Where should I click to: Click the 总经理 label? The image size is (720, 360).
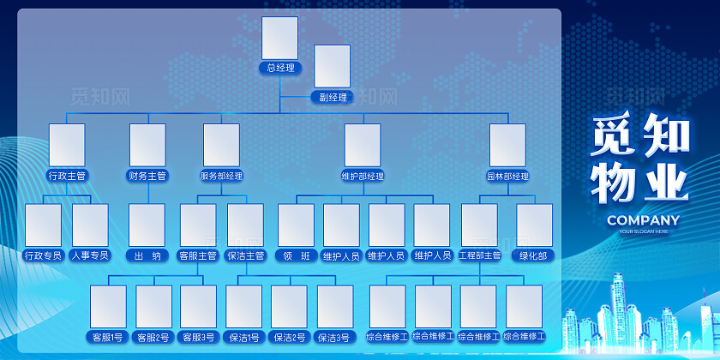[280, 67]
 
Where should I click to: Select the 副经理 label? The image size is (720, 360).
[333, 98]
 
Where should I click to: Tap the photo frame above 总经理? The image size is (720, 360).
[280, 38]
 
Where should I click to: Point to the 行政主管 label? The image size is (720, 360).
[67, 176]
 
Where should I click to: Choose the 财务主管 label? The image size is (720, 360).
[147, 176]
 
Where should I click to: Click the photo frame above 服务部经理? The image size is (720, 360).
[221, 145]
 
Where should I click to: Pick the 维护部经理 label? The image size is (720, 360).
[363, 176]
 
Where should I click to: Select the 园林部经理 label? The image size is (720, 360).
[507, 176]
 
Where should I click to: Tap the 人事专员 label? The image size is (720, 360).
[90, 255]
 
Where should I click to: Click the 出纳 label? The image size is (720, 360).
[147, 255]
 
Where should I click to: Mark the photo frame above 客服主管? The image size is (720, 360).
[198, 225]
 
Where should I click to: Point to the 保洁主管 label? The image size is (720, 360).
[245, 255]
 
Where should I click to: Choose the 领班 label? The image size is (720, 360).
[296, 255]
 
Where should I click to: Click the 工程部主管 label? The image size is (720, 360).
[479, 255]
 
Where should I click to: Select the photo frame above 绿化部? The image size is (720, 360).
[534, 225]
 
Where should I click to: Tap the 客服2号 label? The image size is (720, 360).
[153, 337]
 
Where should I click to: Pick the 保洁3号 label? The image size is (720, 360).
[335, 337]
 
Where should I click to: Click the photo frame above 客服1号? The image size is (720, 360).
[108, 306]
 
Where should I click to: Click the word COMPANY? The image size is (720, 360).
[643, 220]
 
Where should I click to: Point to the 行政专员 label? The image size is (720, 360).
[43, 255]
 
